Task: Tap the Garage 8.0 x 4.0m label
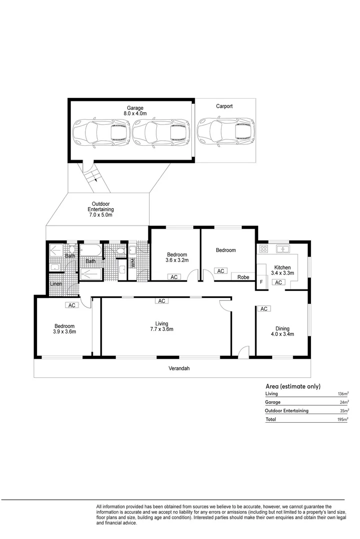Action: [135, 111]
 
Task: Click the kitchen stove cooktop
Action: [263, 249]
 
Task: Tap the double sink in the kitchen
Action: [283, 249]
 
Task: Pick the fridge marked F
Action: [261, 282]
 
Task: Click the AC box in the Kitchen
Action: [278, 282]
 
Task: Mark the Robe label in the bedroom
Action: [243, 277]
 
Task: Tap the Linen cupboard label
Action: [56, 284]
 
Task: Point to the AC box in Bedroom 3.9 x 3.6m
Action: [71, 305]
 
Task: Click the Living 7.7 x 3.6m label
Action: [161, 326]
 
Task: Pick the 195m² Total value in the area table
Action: [342, 420]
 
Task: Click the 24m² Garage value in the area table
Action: [344, 402]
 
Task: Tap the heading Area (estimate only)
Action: [293, 386]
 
